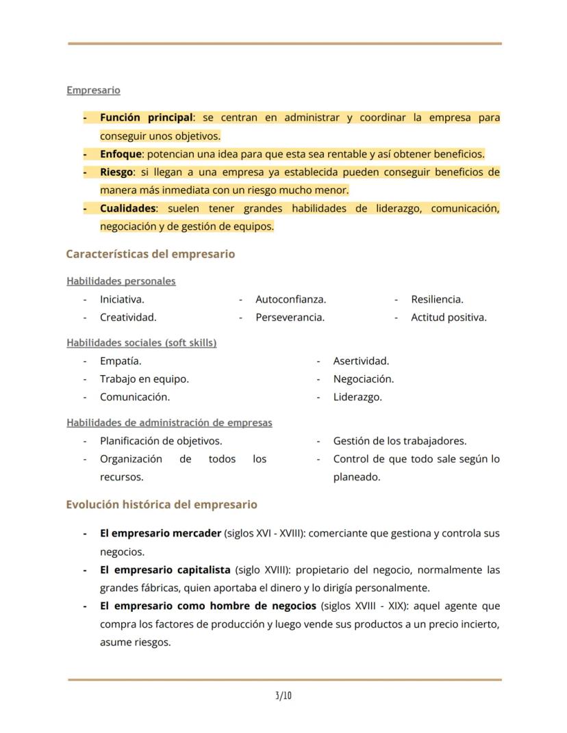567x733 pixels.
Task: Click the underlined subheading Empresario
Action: tap(93, 90)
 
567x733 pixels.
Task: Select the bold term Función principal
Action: tap(146, 118)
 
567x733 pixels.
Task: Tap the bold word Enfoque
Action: tap(121, 154)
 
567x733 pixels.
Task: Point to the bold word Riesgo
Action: tap(116, 172)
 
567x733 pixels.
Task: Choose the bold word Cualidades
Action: tap(128, 208)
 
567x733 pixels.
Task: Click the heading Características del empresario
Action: tap(150, 254)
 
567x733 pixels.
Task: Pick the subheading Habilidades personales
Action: tap(121, 281)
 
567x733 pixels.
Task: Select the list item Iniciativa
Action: tap(122, 299)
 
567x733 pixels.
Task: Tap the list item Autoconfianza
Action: tap(290, 299)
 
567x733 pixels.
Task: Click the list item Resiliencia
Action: tap(437, 299)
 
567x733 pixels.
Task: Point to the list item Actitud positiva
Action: tap(449, 317)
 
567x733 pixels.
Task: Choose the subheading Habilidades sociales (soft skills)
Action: tap(141, 343)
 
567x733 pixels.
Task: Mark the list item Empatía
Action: tap(121, 361)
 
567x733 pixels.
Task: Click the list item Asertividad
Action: tap(361, 361)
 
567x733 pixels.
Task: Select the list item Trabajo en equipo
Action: tap(144, 378)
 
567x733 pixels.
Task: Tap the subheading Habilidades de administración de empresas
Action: tap(169, 423)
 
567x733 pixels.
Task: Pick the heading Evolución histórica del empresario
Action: tap(162, 504)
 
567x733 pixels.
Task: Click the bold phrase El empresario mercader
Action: tap(160, 533)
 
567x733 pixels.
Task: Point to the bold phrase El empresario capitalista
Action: tap(165, 569)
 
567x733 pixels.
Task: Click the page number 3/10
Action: tap(283, 696)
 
